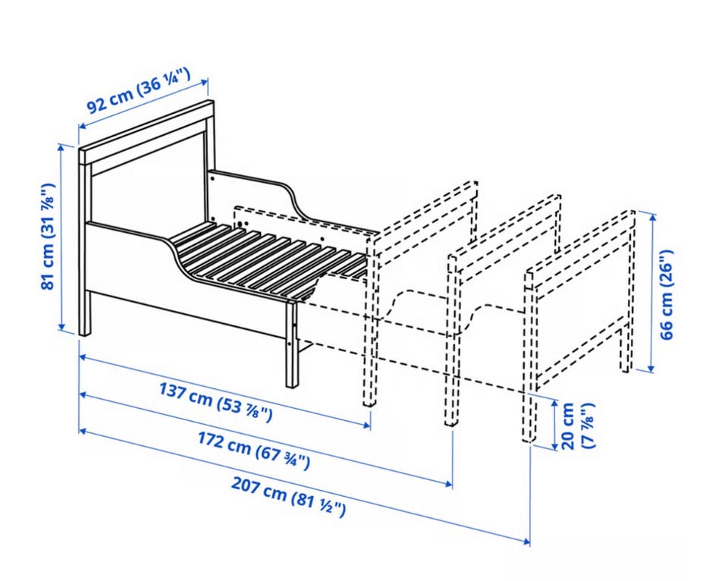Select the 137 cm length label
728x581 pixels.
[x=215, y=402]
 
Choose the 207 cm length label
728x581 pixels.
[x=288, y=497]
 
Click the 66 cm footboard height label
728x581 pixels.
[x=667, y=294]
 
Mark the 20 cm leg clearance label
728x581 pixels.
[x=577, y=426]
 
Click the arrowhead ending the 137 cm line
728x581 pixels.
[x=367, y=425]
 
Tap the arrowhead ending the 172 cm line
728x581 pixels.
[x=448, y=483]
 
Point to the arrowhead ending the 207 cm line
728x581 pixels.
[x=526, y=541]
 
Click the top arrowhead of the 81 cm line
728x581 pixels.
[x=61, y=148]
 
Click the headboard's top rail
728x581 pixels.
[x=146, y=132]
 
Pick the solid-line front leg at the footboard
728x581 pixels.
[x=291, y=344]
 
